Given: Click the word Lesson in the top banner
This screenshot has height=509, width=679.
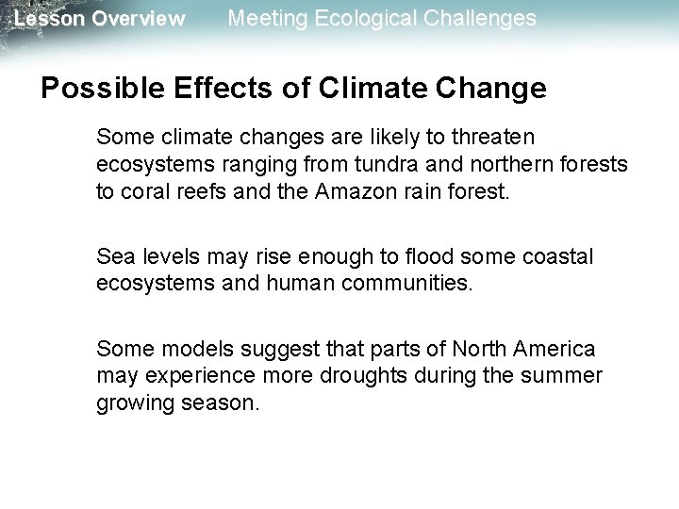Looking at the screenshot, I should coord(47,19).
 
